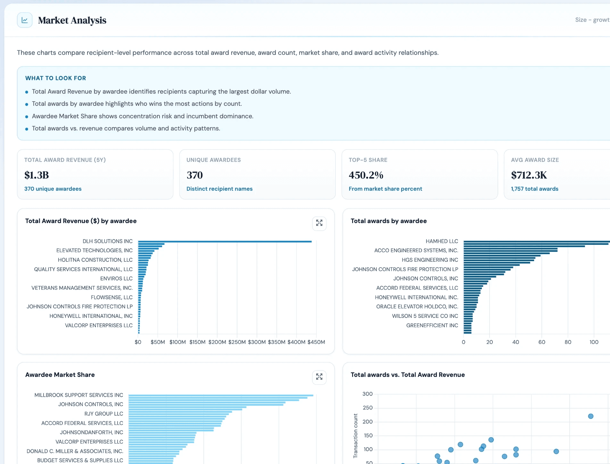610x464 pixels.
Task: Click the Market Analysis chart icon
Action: [x=25, y=20]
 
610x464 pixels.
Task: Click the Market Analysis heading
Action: [x=72, y=20]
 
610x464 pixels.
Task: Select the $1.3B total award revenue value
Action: [x=37, y=175]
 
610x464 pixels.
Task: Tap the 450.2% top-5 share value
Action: [x=366, y=175]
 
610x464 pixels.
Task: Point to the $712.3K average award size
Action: [x=529, y=175]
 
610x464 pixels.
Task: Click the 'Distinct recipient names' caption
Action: [x=219, y=189]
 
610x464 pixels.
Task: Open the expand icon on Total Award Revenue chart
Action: [x=319, y=223]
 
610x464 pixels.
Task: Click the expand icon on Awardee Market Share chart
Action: [x=319, y=377]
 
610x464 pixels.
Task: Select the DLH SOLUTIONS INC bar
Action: [x=225, y=242]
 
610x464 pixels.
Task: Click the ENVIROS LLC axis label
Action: [x=116, y=278]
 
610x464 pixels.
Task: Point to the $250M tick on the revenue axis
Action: [x=237, y=342]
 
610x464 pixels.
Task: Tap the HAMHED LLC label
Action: [x=442, y=241]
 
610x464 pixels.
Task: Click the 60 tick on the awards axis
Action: [x=542, y=342]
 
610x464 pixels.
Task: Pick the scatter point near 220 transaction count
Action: [x=591, y=416]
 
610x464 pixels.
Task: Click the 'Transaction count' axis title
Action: [x=355, y=436]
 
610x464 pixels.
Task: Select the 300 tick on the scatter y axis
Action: [x=367, y=394]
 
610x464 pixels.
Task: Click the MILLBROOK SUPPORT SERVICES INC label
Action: [x=79, y=395]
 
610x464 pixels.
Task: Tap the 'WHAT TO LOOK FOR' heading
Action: [x=56, y=78]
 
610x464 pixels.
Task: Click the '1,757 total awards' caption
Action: [x=535, y=189]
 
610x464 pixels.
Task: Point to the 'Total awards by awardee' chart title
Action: [x=389, y=221]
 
